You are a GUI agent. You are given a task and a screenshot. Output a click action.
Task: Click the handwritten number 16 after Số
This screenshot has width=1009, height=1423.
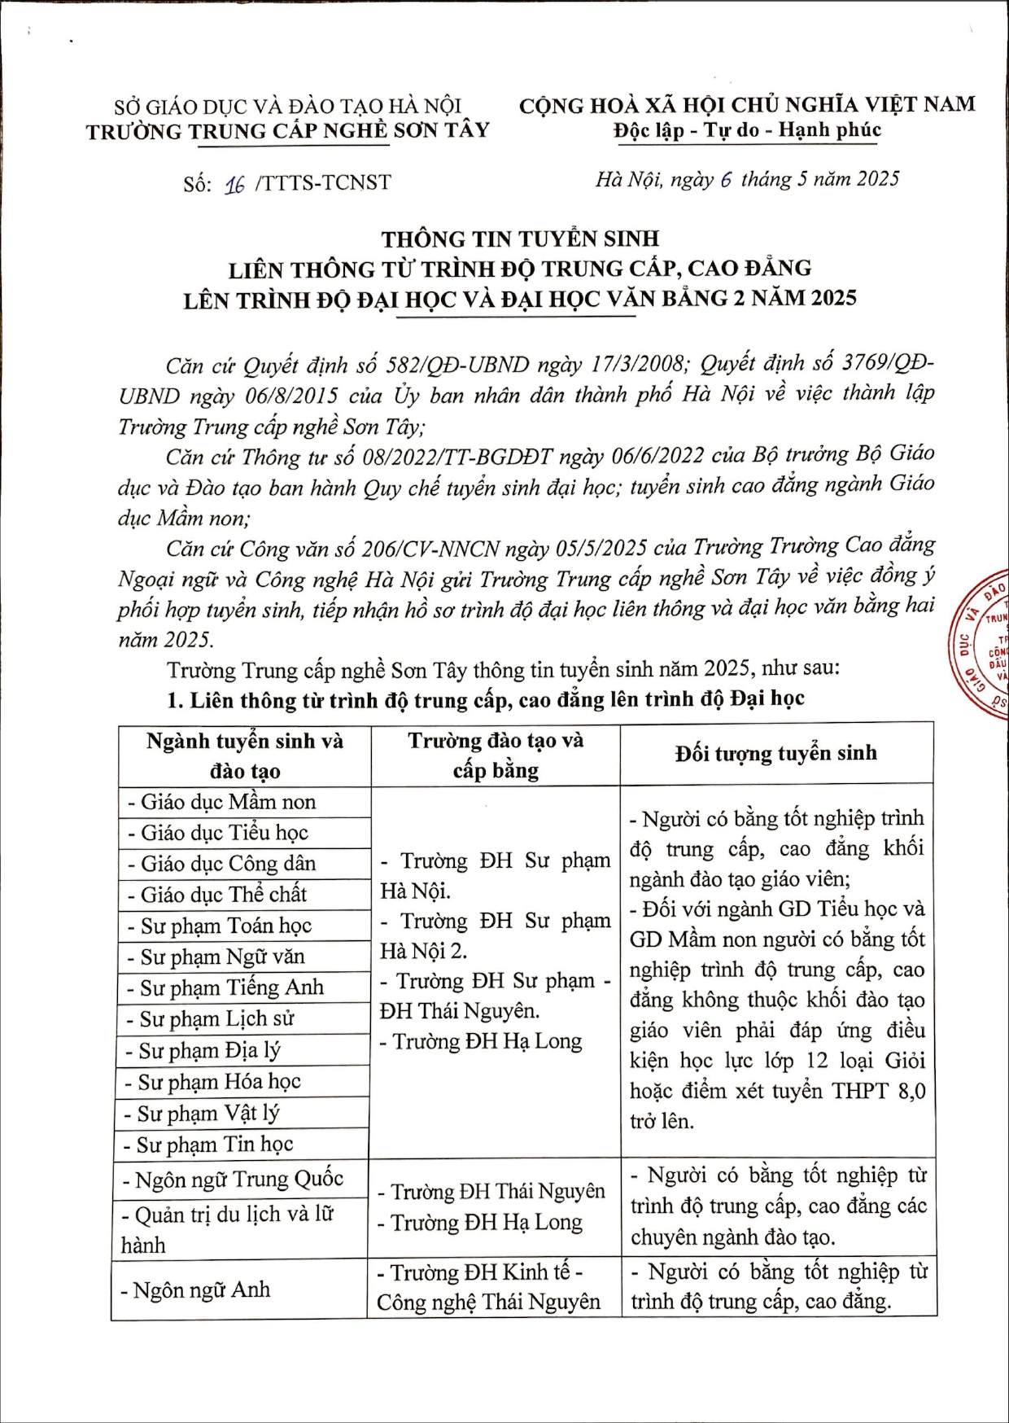234,184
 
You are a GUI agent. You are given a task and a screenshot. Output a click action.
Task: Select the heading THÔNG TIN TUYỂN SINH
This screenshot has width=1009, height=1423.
520,239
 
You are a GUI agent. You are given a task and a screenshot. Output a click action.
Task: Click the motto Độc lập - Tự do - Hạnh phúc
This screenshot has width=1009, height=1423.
747,130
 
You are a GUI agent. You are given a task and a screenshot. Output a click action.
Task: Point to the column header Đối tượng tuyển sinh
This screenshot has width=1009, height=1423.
775,753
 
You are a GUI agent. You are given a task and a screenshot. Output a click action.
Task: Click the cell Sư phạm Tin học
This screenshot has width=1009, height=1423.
215,1145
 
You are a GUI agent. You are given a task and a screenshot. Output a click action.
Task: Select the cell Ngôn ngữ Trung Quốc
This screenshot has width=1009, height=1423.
233,1179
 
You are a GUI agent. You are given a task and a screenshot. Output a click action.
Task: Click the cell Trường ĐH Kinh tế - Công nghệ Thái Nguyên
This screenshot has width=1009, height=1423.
488,1287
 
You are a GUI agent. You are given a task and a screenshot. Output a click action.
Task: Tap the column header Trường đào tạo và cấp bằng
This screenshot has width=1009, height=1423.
496,755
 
